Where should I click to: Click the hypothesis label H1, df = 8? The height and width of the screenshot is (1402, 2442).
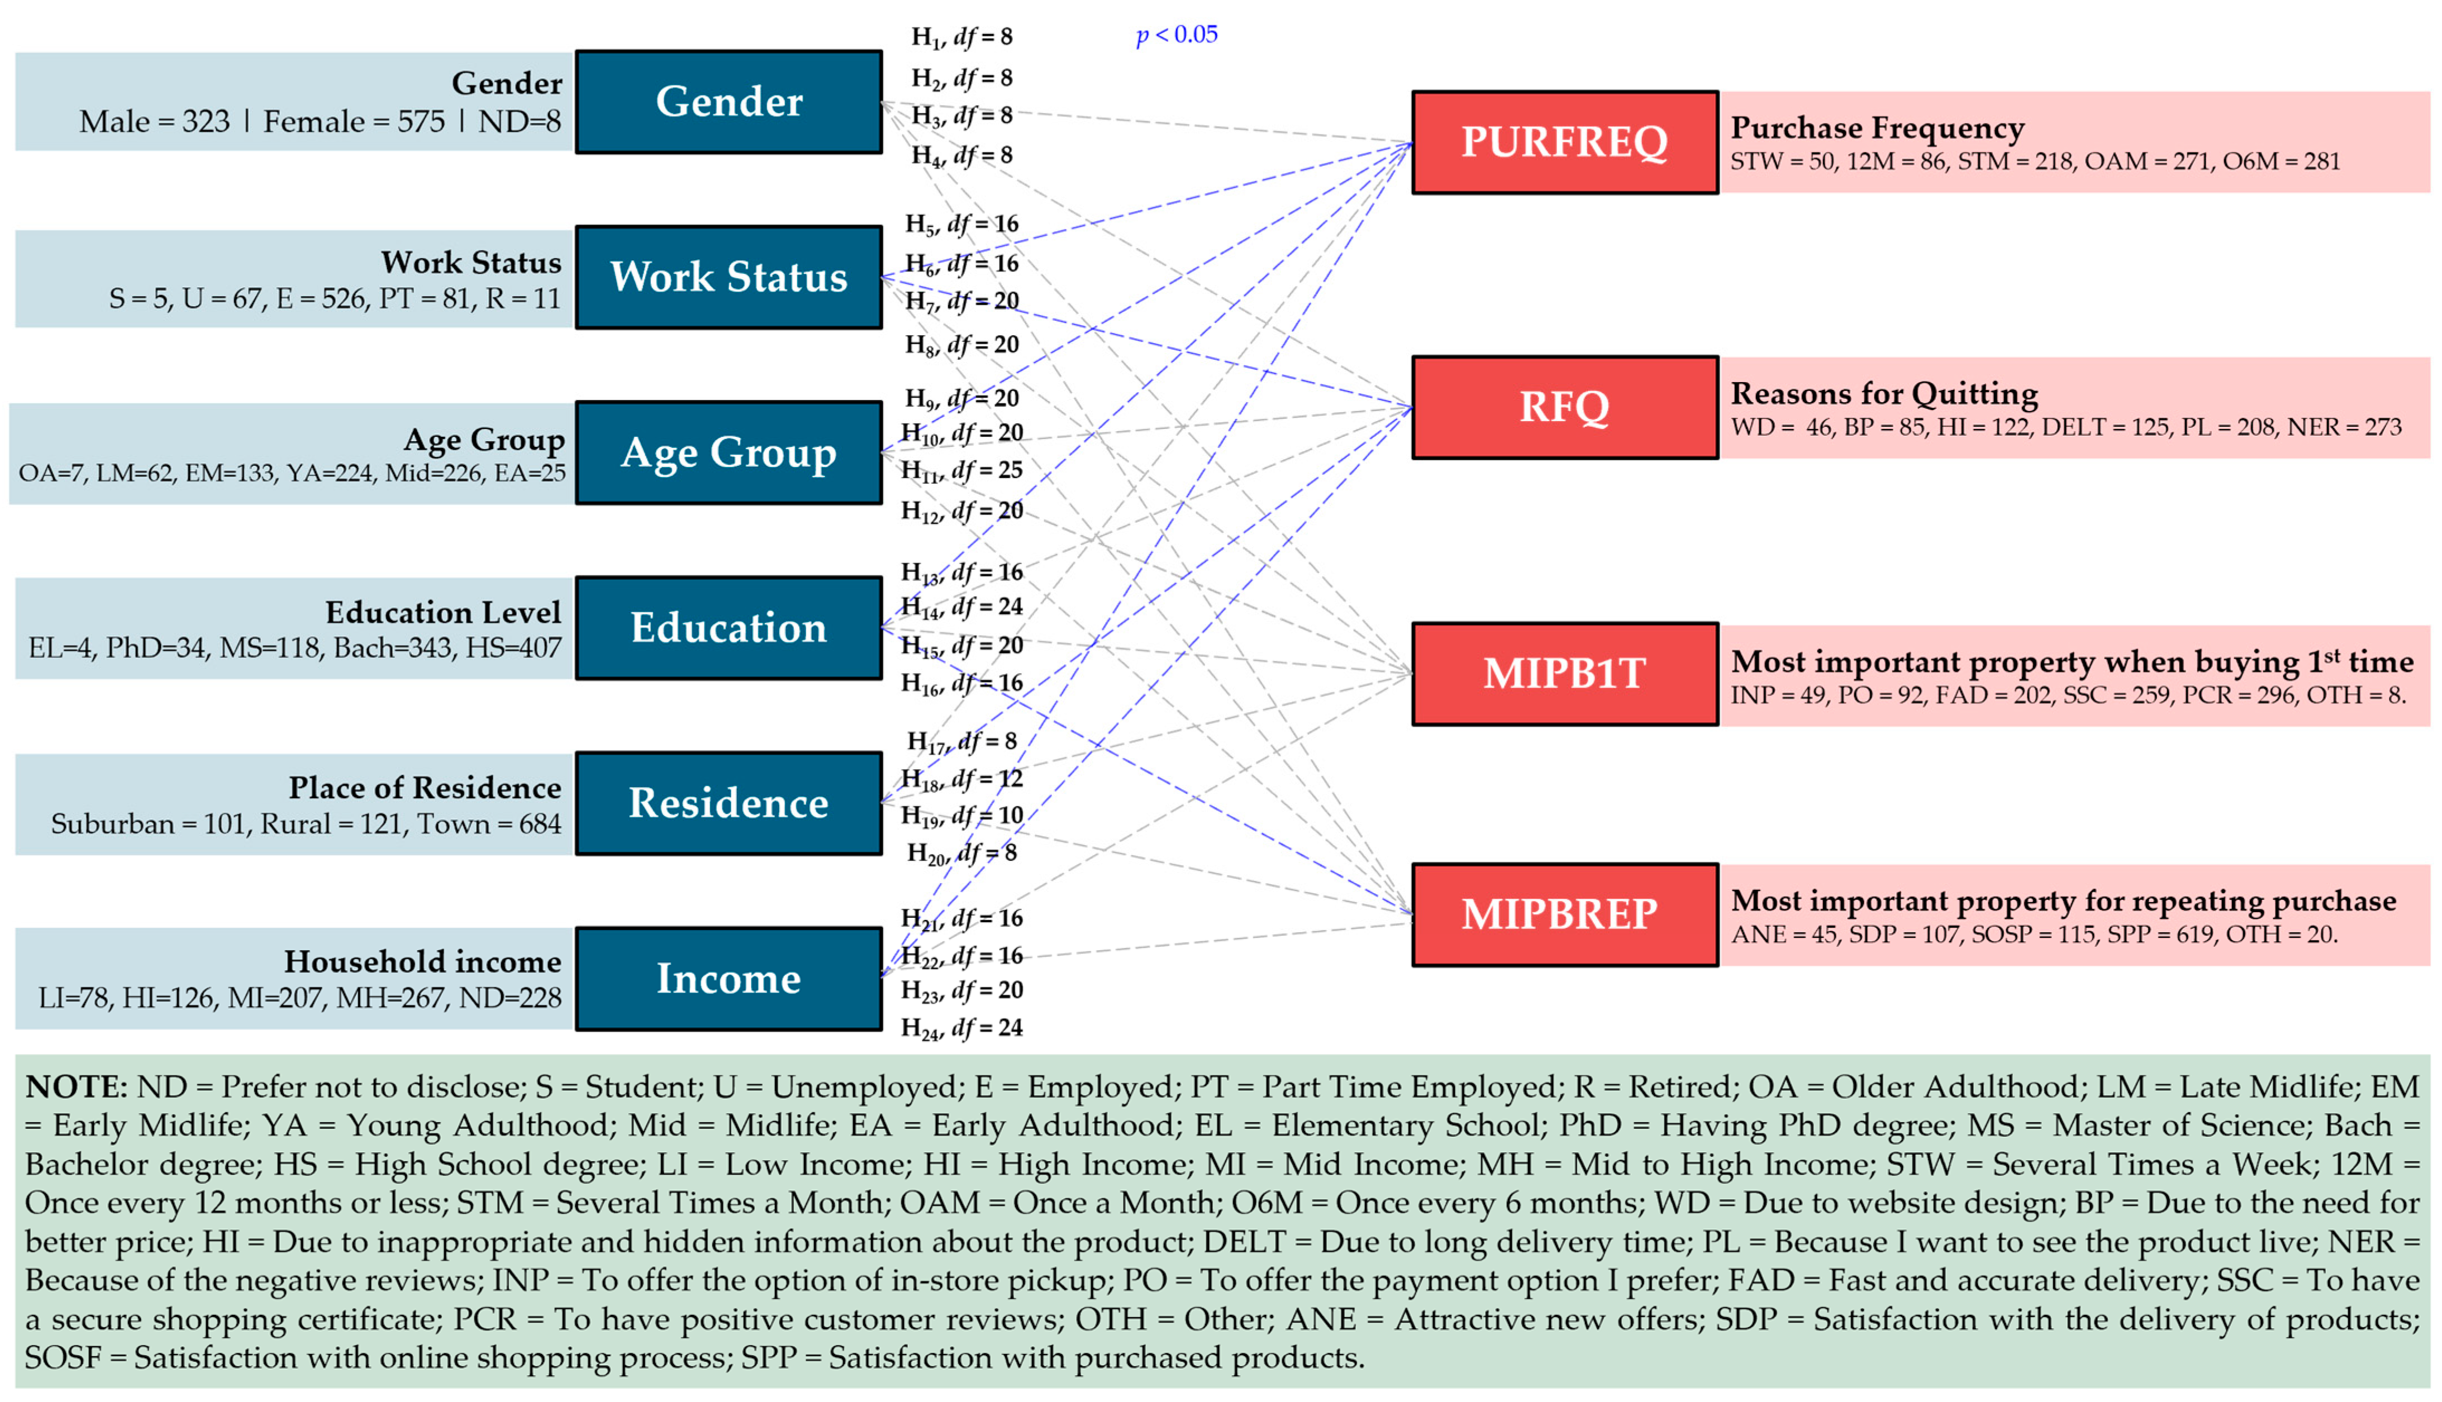point(961,37)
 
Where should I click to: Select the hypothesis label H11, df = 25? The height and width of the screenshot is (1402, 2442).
point(961,471)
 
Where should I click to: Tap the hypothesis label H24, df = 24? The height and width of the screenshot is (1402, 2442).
point(961,1028)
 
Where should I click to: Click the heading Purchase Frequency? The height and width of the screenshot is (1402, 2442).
point(1877,128)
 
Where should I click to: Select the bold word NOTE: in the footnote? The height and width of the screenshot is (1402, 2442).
point(75,1087)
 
